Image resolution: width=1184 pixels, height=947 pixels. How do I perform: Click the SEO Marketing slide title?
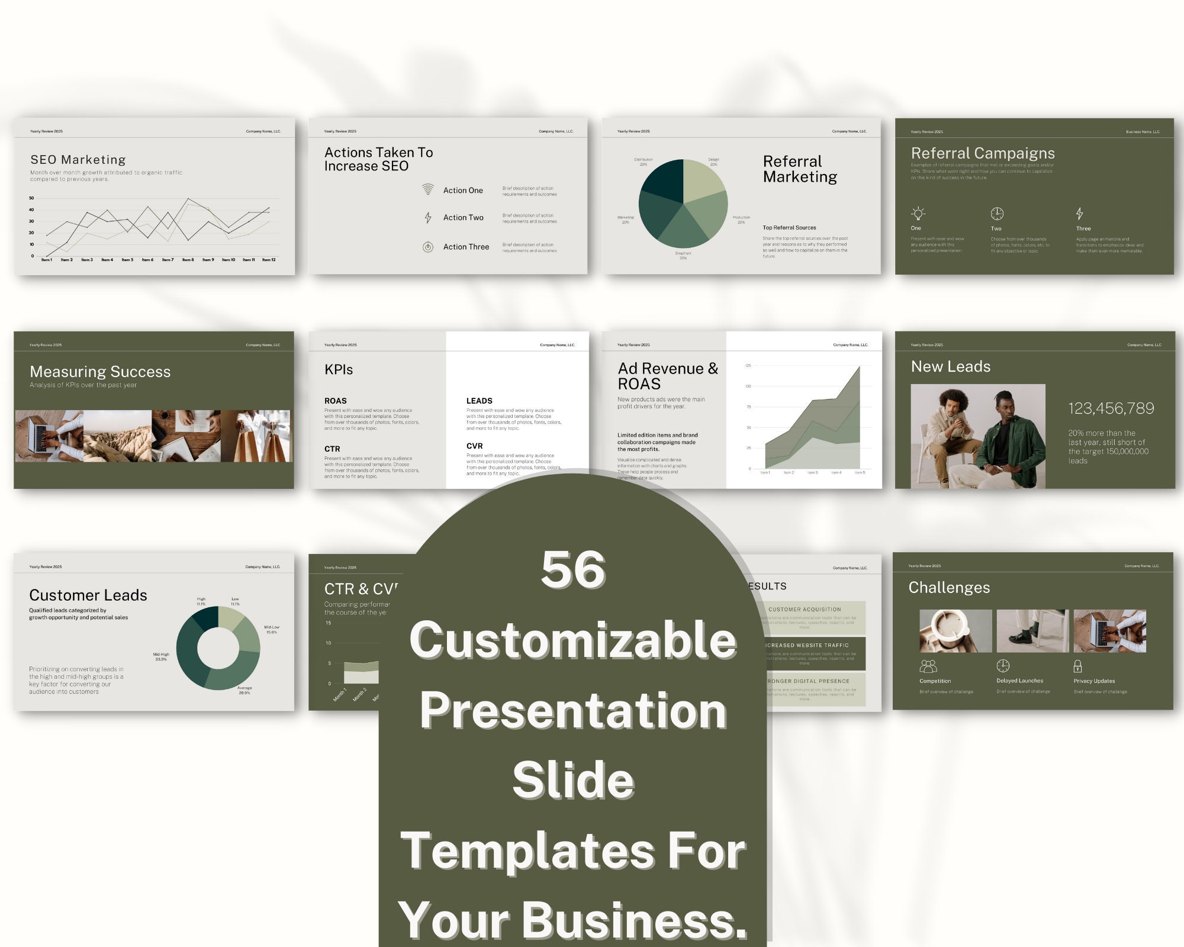tap(78, 160)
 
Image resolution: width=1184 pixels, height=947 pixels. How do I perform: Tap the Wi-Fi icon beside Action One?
tap(427, 189)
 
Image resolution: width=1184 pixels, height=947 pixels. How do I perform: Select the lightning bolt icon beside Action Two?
tap(428, 217)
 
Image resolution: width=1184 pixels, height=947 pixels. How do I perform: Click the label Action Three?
tap(466, 247)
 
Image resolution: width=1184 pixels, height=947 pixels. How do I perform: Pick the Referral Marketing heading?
tap(800, 169)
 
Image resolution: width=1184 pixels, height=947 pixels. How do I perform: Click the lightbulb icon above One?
tap(918, 213)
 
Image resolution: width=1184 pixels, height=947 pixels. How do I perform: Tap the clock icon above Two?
tap(997, 213)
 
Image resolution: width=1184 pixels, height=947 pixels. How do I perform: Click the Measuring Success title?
tap(100, 372)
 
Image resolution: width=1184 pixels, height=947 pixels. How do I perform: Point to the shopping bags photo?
tap(256, 436)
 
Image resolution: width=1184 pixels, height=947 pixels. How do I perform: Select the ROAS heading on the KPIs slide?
tap(336, 401)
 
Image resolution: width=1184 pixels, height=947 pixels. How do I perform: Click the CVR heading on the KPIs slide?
tap(475, 446)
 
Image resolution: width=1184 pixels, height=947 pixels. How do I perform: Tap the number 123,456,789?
tap(1111, 408)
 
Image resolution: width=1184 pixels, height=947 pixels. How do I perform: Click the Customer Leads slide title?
tap(88, 595)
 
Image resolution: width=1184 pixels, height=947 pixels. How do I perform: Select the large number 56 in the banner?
tap(573, 569)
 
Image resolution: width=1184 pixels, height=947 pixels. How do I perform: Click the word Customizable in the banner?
tap(573, 640)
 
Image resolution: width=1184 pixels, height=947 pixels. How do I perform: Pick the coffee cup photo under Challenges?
tap(955, 631)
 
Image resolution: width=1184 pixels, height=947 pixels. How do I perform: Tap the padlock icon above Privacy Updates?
tap(1077, 666)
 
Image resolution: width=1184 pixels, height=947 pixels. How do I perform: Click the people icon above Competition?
tap(928, 666)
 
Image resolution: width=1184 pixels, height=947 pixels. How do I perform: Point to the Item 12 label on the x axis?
tap(269, 260)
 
